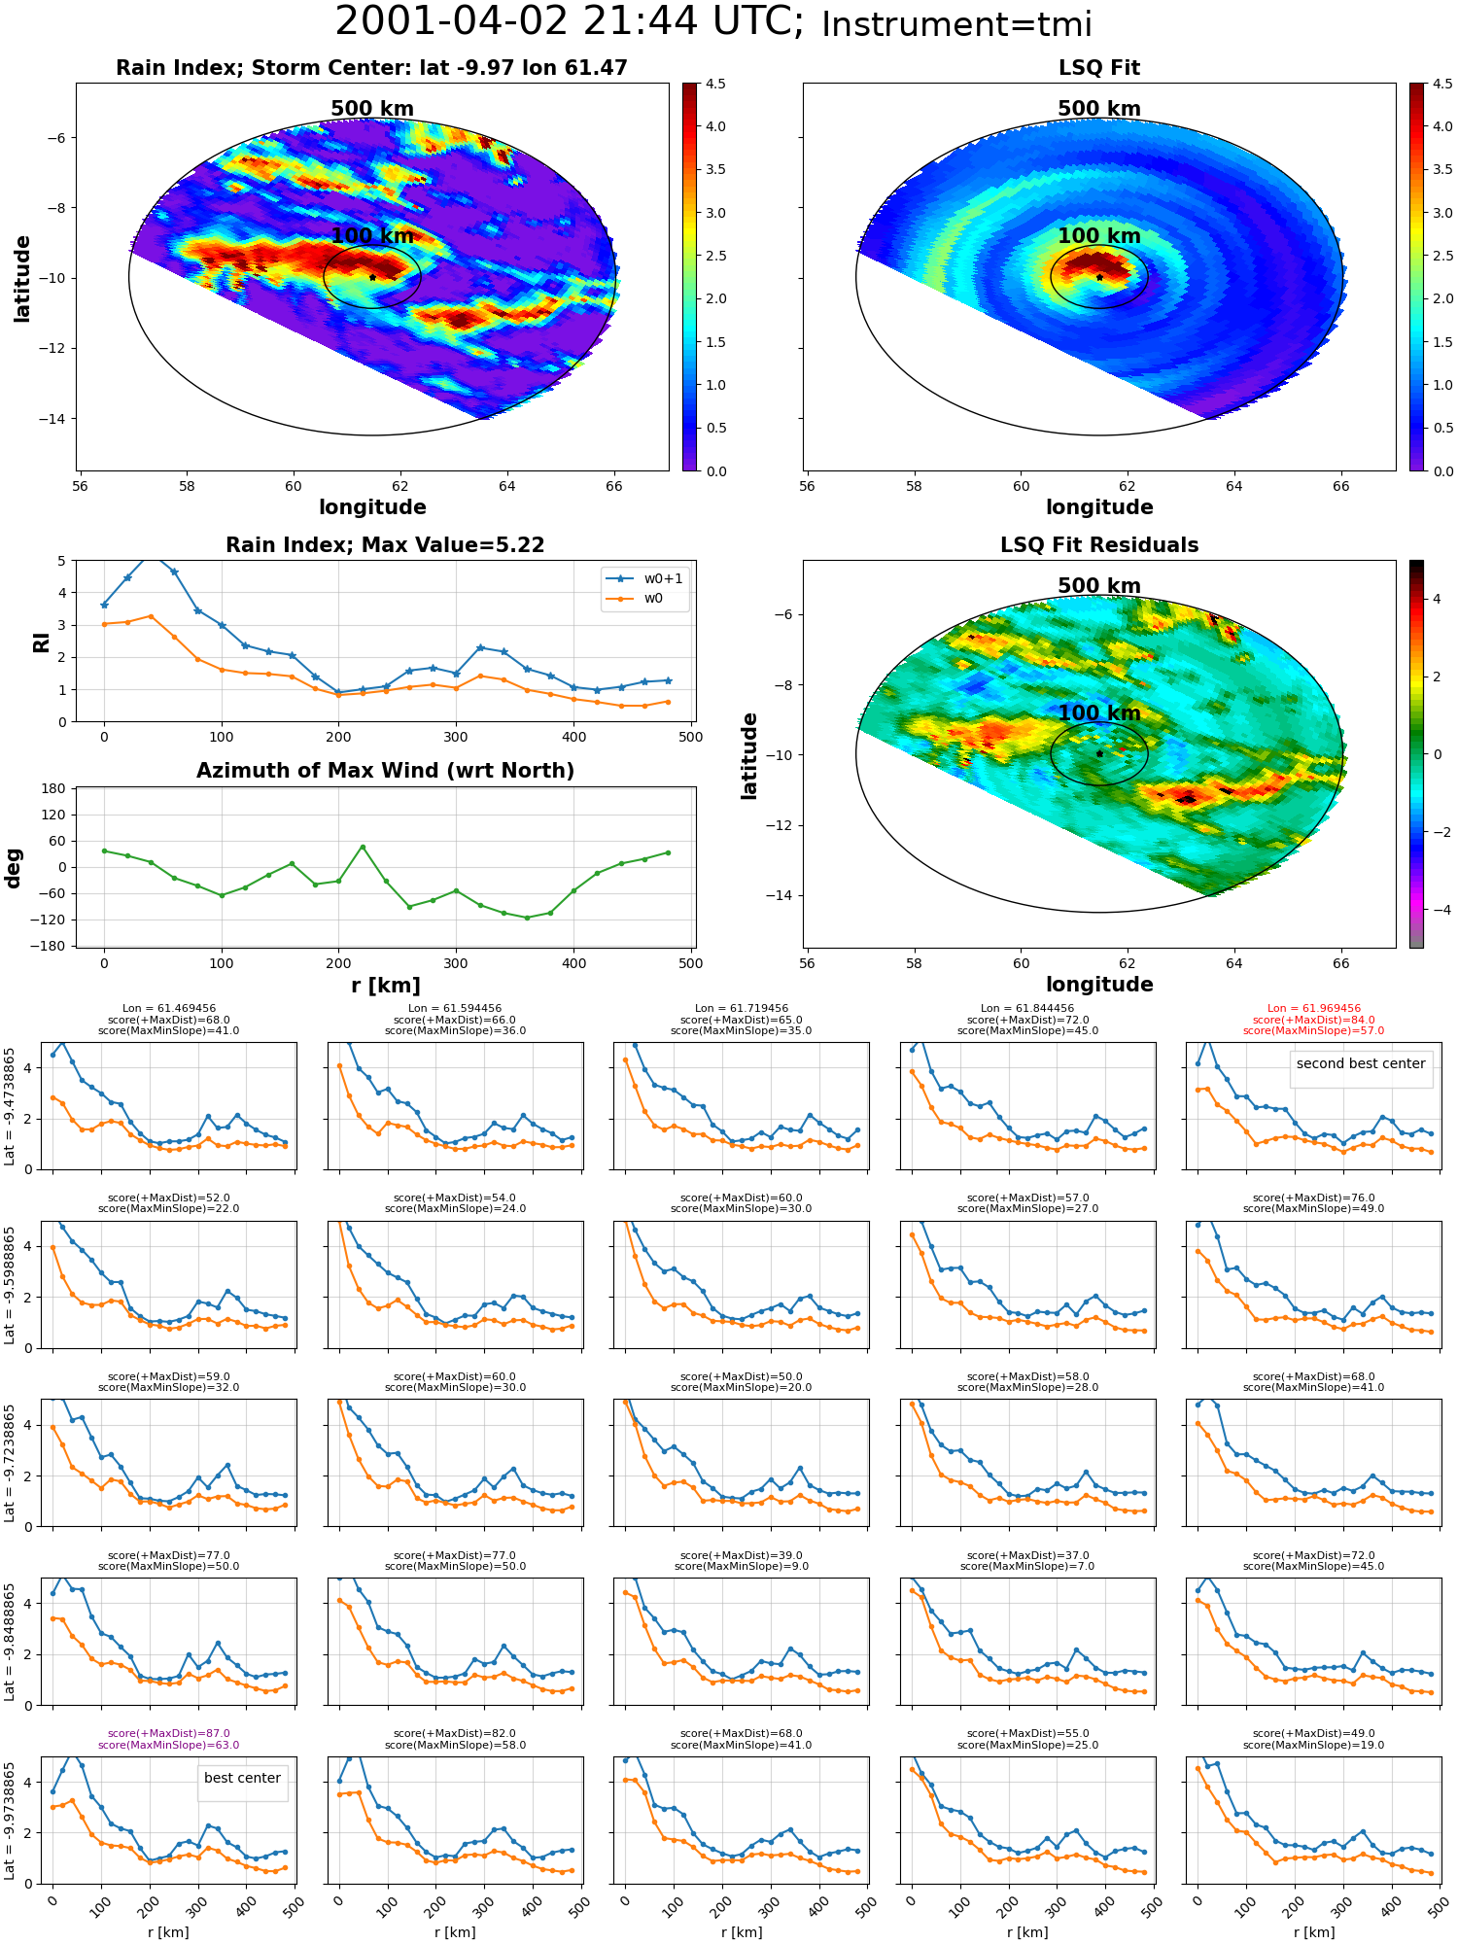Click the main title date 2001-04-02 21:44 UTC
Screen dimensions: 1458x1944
click(569, 21)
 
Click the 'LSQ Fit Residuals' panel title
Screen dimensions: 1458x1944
click(1099, 545)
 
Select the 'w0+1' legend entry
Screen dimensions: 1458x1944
click(645, 578)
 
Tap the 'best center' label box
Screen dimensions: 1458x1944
click(242, 1778)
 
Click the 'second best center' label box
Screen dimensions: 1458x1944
click(1361, 1063)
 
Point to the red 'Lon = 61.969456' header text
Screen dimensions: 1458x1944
click(1313, 1009)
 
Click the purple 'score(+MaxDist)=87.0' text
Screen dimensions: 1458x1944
click(168, 1733)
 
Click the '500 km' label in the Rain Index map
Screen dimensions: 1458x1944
click(372, 109)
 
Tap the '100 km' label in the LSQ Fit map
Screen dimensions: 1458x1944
click(1099, 236)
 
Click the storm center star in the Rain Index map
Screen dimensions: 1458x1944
click(372, 277)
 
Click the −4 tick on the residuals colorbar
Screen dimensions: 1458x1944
click(1436, 910)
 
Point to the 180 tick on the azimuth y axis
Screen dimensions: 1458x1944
click(54, 788)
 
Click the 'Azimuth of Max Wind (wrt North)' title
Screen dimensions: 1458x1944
click(385, 771)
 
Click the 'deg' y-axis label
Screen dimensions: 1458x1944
click(14, 868)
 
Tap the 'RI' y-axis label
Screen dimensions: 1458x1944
click(41, 642)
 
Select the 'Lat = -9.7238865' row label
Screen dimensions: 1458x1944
click(10, 1462)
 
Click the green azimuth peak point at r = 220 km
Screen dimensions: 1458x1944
click(363, 847)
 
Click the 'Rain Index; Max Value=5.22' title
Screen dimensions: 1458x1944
click(385, 545)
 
